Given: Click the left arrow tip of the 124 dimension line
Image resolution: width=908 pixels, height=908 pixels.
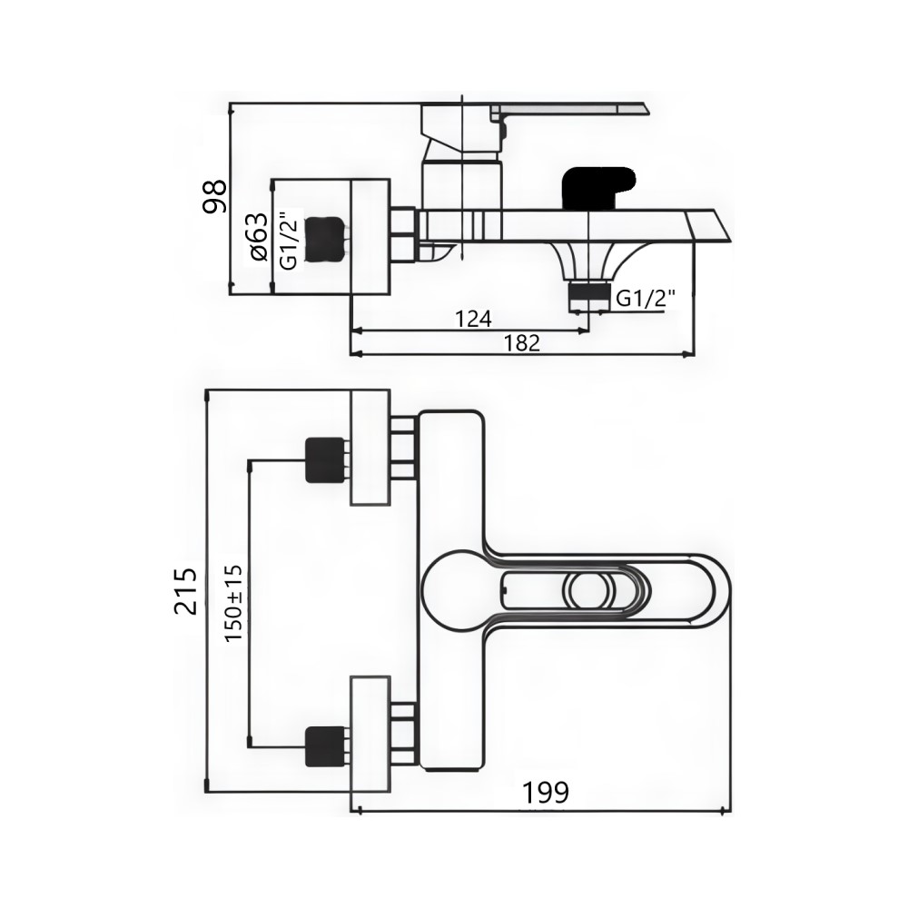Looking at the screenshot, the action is [x=352, y=331].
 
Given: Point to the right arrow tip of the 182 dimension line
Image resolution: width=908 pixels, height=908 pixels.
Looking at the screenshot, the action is [x=695, y=353].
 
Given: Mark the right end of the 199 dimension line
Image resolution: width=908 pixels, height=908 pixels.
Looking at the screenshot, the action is [x=731, y=811].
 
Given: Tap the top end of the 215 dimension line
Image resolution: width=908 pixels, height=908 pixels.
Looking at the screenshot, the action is [x=207, y=391].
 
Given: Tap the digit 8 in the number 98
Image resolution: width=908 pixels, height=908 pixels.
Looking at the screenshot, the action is [x=214, y=188].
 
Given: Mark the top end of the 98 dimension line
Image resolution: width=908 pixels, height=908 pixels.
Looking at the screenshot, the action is [x=230, y=104].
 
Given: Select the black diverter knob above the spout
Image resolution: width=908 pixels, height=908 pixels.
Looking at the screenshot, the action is [x=598, y=188].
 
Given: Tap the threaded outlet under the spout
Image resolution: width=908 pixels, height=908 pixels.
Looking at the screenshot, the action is [x=589, y=294].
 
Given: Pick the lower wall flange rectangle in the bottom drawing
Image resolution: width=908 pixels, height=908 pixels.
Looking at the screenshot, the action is [x=370, y=735].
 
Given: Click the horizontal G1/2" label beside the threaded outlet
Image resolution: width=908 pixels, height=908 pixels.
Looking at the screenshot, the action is [x=646, y=299].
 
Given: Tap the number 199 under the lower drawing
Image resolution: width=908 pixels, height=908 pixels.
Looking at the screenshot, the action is [x=546, y=792].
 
